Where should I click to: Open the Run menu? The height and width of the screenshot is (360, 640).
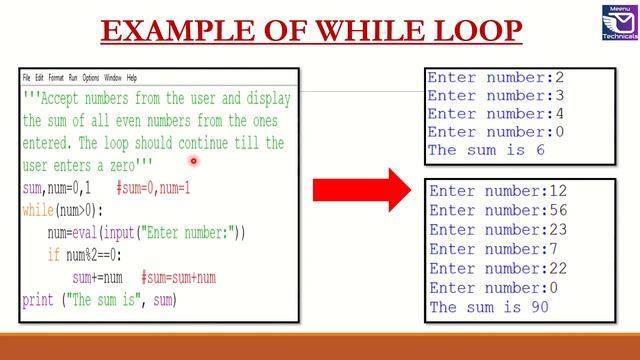tap(73, 77)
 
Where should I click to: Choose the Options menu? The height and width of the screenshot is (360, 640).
tap(91, 77)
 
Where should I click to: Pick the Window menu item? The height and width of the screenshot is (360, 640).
tap(113, 77)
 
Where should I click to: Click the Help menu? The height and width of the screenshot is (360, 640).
tap(132, 77)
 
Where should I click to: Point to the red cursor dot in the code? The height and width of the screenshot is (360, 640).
tap(193, 160)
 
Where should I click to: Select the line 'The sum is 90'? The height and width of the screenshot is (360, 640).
tap(488, 307)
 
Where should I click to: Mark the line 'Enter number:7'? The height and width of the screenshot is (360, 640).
tap(484, 249)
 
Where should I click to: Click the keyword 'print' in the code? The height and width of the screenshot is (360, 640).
tap(37, 300)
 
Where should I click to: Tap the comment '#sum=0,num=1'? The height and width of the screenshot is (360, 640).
tap(153, 188)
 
